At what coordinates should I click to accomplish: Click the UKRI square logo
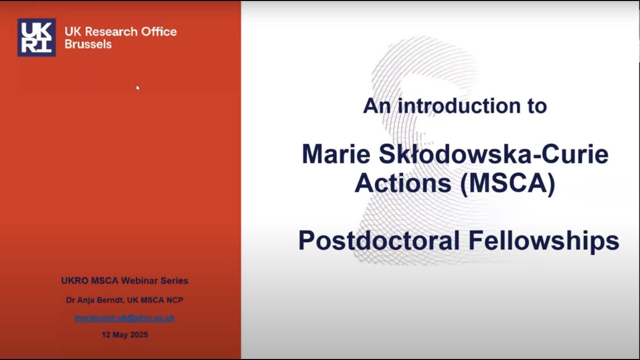[36, 37]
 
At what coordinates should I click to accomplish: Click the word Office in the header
[158, 31]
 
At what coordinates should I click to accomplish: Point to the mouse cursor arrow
[138, 88]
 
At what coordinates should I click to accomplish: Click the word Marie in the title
[335, 154]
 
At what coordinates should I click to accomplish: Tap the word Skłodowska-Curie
[493, 154]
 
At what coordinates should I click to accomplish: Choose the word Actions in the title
[403, 183]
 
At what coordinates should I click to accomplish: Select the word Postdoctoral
[378, 240]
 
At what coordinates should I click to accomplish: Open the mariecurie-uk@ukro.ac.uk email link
[124, 318]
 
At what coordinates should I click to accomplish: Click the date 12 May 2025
[124, 335]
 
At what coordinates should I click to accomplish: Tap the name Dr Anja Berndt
[95, 300]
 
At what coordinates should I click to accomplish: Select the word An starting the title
[375, 105]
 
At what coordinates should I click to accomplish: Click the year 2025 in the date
[138, 335]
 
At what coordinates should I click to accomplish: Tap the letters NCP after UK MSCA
[174, 300]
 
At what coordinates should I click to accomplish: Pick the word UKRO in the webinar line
[74, 281]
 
